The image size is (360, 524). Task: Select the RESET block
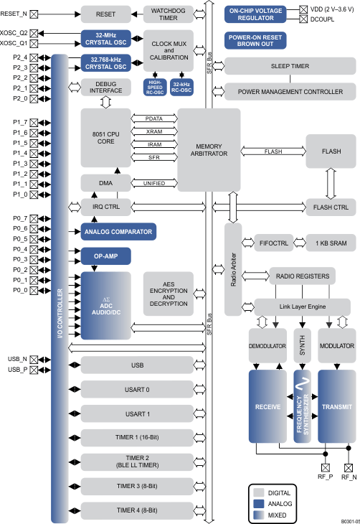pos(105,14)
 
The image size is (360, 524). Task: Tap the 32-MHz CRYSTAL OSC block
pos(105,38)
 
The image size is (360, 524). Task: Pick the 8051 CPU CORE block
pos(105,138)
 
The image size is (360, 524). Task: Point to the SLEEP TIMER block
pos(290,65)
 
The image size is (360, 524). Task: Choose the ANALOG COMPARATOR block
pos(118,231)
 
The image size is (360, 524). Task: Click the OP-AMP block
pos(105,255)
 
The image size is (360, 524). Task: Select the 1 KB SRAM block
pos(331,243)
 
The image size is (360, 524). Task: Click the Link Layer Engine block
pos(297,306)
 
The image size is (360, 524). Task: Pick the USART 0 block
pos(137,390)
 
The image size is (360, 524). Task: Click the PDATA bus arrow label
pos(154,118)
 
